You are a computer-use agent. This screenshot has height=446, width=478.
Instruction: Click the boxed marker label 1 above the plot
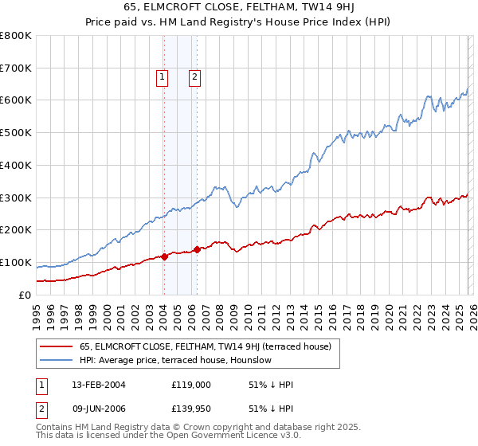(162, 77)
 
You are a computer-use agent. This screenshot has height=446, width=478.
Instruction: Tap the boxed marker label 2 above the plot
(194, 77)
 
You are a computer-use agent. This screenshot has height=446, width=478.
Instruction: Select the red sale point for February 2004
(164, 256)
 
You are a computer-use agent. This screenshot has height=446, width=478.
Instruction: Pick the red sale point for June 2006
(197, 249)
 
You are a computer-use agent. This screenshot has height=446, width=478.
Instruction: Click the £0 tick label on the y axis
(24, 295)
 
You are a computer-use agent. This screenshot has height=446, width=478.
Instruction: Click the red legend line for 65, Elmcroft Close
(57, 346)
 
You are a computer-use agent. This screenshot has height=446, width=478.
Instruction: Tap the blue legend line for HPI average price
(57, 360)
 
